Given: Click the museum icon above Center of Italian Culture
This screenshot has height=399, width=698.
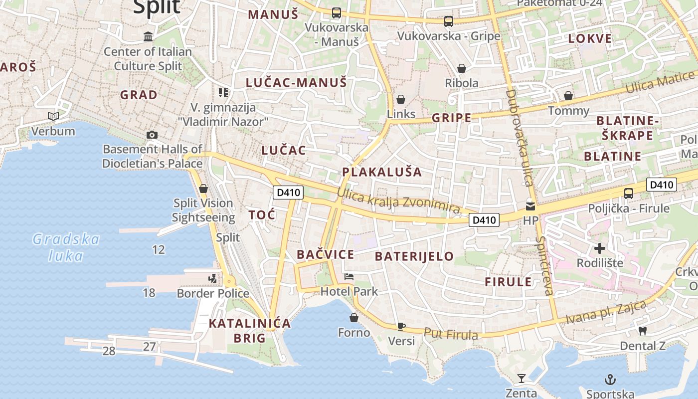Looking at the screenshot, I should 148,36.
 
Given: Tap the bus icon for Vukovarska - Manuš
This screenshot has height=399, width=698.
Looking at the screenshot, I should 337,13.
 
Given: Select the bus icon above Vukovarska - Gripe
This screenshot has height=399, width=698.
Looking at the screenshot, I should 449,21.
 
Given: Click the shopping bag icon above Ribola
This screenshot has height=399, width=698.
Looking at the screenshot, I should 462,68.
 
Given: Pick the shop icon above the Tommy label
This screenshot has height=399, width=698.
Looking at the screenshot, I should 568,96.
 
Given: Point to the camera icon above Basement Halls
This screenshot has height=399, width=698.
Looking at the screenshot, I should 152,135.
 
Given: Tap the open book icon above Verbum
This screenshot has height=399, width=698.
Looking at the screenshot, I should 53,117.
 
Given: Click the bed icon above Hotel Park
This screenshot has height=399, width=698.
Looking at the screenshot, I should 349,277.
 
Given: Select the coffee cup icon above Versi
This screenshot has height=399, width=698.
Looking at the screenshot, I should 401,327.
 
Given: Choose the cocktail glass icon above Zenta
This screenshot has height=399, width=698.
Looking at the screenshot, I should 522,379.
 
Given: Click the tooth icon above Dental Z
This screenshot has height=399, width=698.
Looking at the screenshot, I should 643,331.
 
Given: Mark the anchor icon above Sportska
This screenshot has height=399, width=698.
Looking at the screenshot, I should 610,380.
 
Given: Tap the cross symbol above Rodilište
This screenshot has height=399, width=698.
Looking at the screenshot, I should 600,248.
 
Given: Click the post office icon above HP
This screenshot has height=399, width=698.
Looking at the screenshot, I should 530,205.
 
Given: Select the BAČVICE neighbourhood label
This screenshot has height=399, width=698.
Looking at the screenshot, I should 326,254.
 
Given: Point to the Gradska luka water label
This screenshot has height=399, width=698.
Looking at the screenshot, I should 66,247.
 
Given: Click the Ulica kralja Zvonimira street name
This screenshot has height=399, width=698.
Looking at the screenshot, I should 398,200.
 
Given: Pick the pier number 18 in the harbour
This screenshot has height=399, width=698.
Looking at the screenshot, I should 149,293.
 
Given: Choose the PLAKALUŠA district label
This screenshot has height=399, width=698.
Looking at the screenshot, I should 382,172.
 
